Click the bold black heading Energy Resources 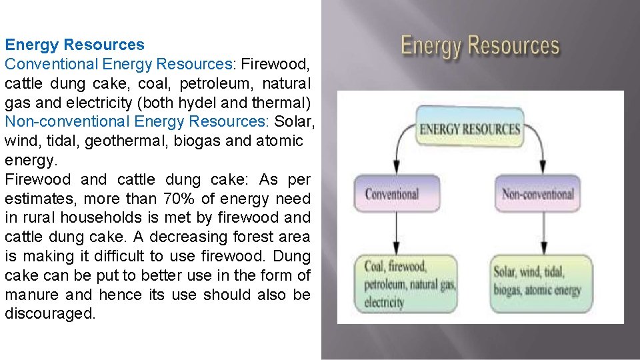[75, 45]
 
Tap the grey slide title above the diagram [480, 47]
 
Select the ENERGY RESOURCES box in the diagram [469, 129]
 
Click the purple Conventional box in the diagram [392, 195]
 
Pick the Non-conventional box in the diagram [537, 195]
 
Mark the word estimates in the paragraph [39, 199]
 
